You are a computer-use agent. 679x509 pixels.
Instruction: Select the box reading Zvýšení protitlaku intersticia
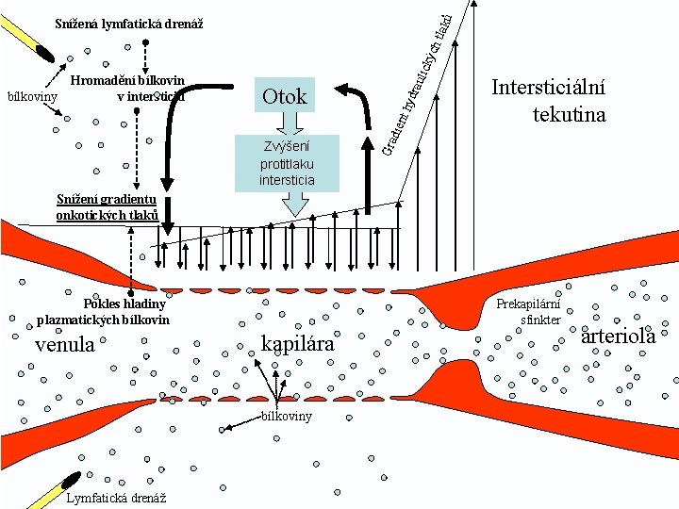pos(287,161)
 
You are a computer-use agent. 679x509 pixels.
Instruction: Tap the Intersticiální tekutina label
pos(548,101)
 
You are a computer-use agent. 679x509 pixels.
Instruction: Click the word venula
pos(65,345)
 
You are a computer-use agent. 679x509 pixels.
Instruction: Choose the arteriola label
pos(618,336)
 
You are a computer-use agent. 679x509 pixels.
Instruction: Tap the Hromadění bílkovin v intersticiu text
pos(127,88)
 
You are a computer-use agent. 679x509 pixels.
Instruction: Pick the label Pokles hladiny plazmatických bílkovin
pos(104,311)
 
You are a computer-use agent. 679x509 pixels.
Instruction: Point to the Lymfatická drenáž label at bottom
pos(117,498)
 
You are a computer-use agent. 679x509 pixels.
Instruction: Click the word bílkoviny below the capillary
pos(287,416)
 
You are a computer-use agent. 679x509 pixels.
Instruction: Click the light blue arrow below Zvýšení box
pos(295,203)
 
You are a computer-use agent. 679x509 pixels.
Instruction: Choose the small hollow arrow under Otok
pos(287,122)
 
